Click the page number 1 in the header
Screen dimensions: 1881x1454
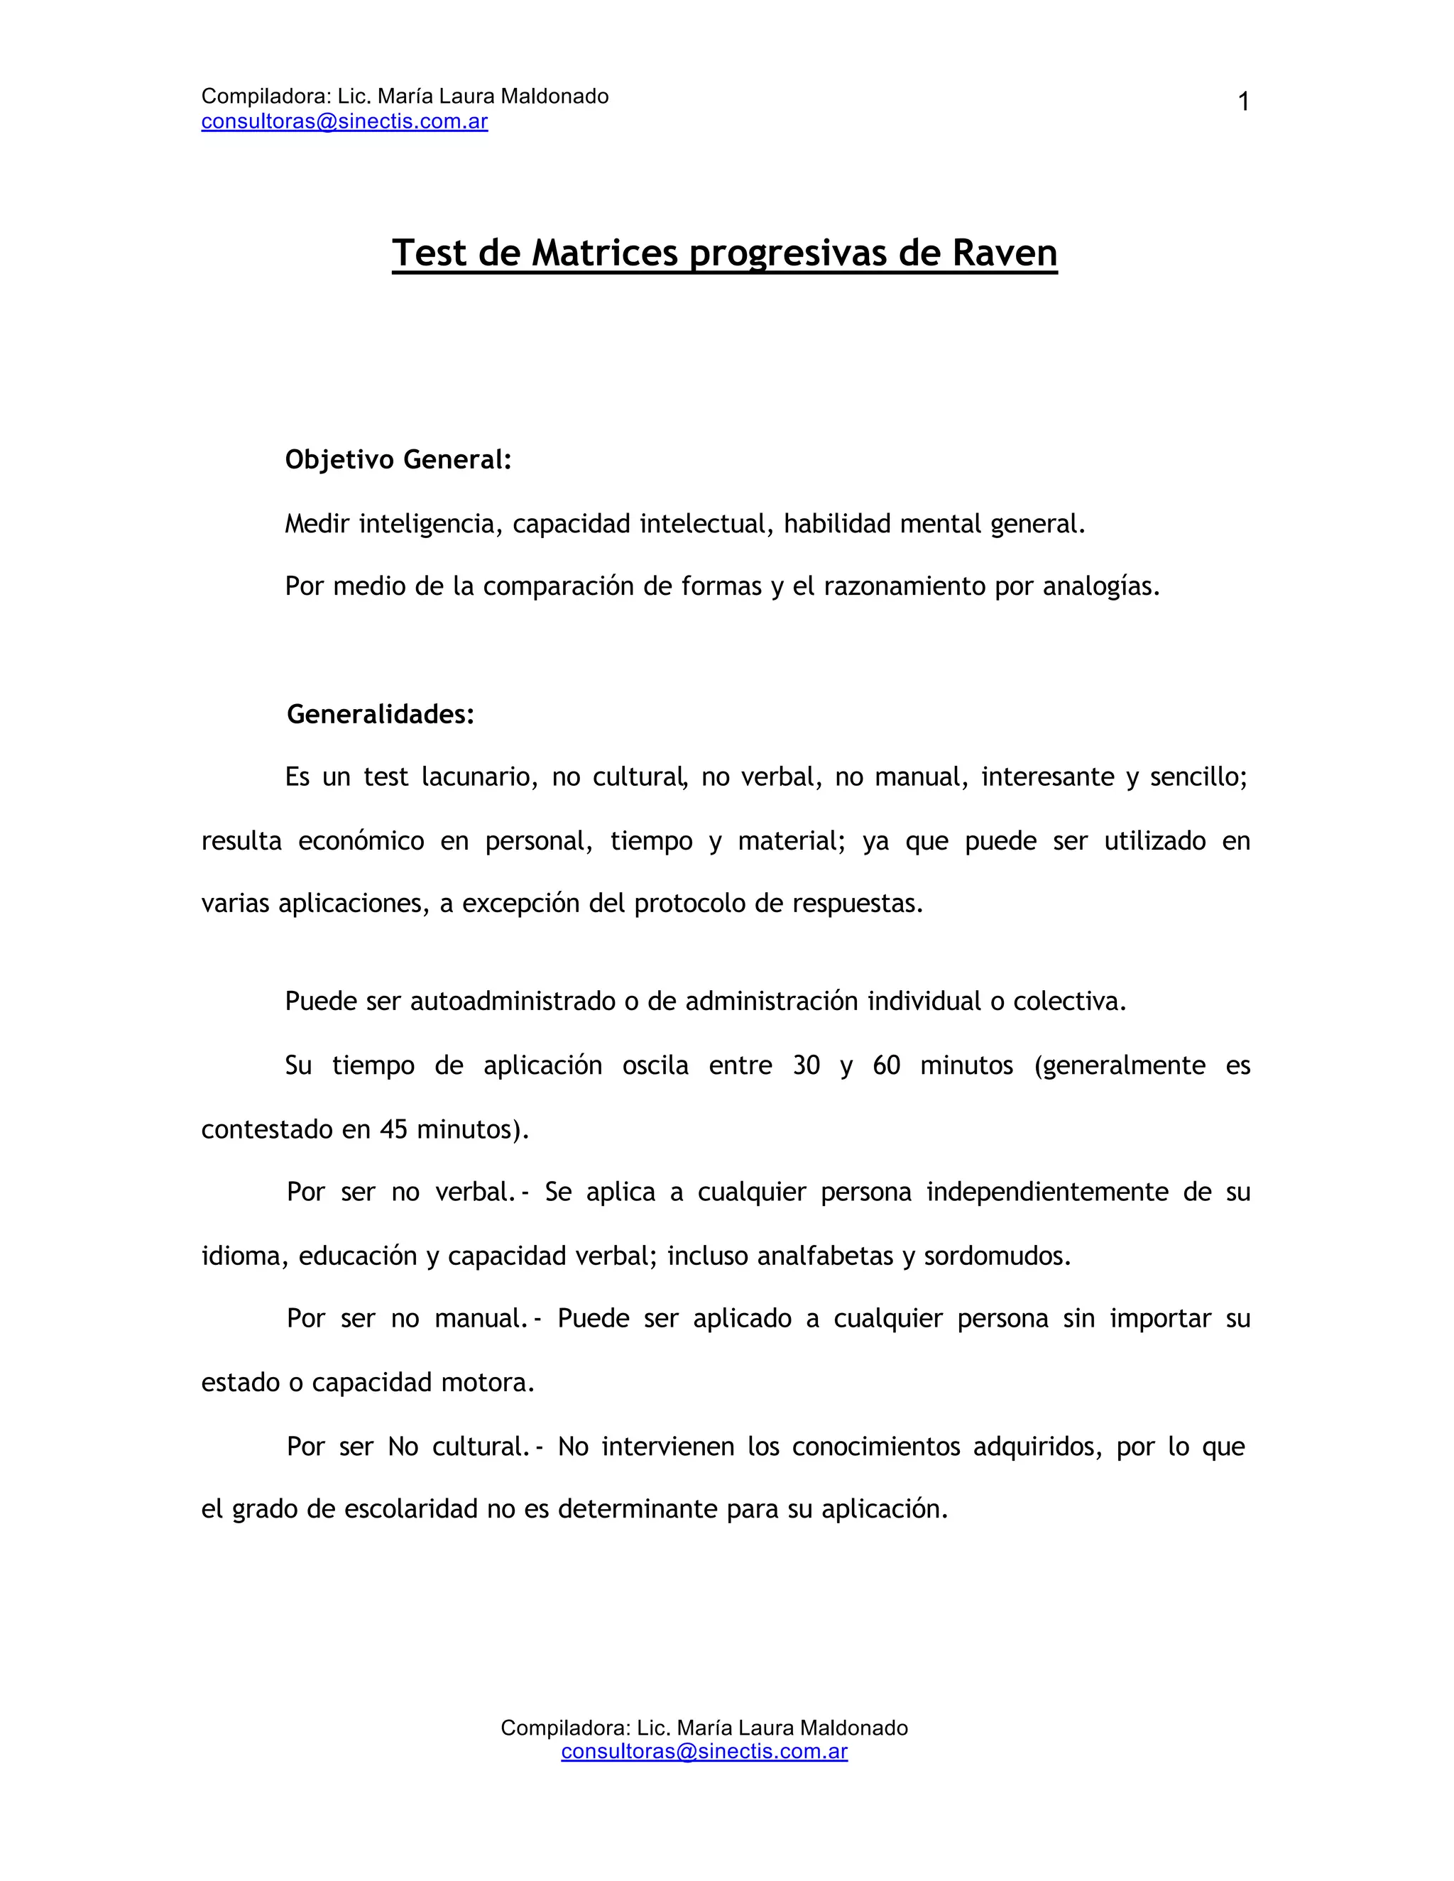1243,102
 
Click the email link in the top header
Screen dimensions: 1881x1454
344,121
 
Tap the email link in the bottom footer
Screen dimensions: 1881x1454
704,1751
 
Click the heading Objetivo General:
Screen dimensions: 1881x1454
398,460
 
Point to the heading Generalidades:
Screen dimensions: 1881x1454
381,714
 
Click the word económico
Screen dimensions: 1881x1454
361,840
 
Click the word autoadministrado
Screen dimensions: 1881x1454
513,1002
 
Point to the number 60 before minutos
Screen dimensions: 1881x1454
886,1065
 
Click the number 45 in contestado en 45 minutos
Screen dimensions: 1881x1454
393,1129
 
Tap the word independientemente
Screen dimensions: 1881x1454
1045,1193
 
